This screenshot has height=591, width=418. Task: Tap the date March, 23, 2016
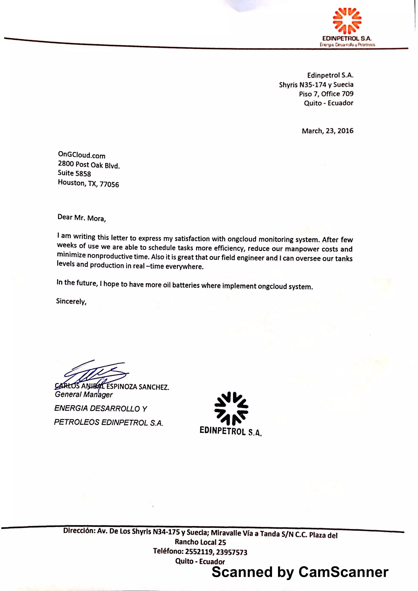(x=327, y=131)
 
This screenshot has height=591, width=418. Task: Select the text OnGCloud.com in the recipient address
(x=82, y=155)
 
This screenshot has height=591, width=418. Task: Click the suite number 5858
(x=83, y=174)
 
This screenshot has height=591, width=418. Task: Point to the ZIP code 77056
(x=109, y=184)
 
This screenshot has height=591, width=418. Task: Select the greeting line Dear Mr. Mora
(x=81, y=218)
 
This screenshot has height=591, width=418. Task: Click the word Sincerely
(x=71, y=301)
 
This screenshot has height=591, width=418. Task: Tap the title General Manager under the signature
(x=84, y=395)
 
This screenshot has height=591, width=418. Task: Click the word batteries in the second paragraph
(x=186, y=285)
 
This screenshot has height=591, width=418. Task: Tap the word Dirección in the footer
(x=79, y=530)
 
